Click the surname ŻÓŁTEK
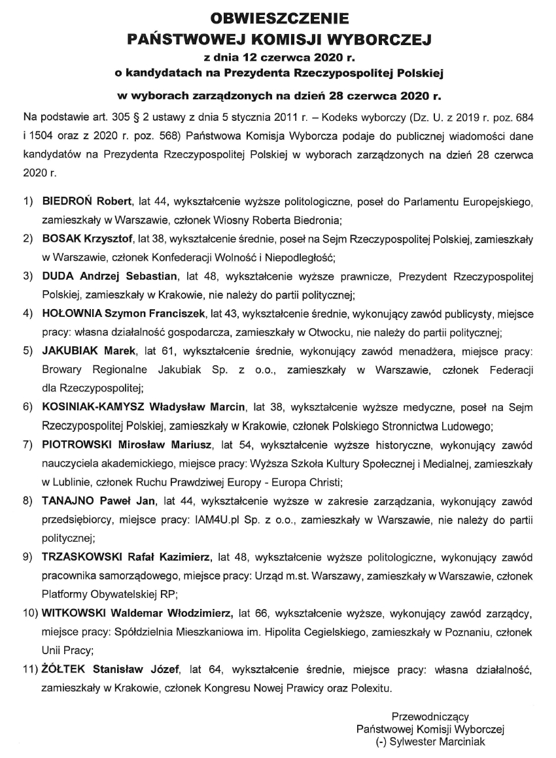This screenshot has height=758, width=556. [63, 670]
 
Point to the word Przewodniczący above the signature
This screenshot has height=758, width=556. [430, 717]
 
